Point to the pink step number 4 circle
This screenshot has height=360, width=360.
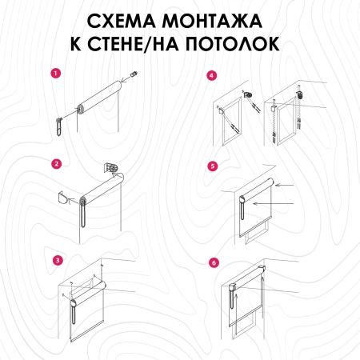pyautogui.click(x=211, y=76)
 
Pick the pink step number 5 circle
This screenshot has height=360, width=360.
pyautogui.click(x=212, y=166)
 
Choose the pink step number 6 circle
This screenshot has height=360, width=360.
pyautogui.click(x=212, y=262)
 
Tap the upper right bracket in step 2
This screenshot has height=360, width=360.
pyautogui.click(x=113, y=169)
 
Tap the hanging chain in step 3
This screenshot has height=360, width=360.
pyautogui.click(x=73, y=321)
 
